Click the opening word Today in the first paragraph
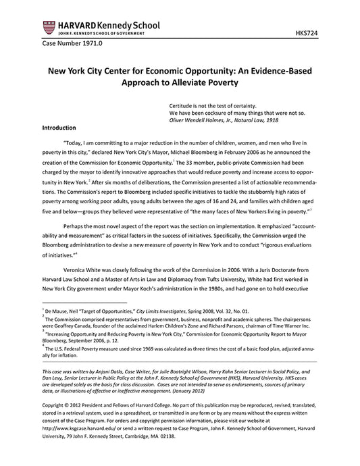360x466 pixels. tap(76, 144)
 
